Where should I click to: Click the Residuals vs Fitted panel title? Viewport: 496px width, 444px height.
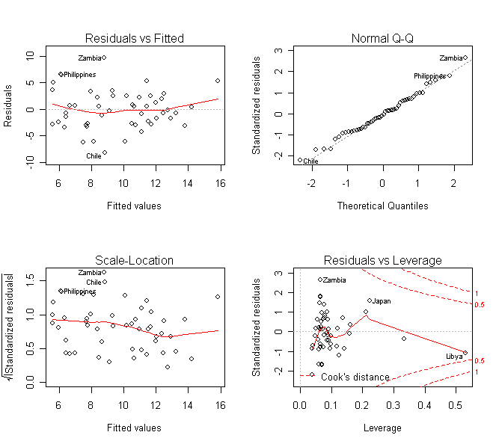coord(135,38)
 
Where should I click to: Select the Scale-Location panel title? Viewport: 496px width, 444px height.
coord(135,260)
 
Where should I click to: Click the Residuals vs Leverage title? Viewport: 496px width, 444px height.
coord(382,260)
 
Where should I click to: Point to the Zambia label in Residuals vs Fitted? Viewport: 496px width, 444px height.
coord(89,58)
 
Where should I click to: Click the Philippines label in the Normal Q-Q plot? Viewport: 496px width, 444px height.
coord(429,75)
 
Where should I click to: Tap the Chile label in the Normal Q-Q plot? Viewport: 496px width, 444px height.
coord(311,161)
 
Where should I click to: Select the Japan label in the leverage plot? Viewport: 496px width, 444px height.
coord(382,301)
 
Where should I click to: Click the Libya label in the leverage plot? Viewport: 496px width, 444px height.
coord(454,357)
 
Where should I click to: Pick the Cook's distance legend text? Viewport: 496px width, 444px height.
coord(355,377)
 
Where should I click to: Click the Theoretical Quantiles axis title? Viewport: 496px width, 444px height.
coord(382,206)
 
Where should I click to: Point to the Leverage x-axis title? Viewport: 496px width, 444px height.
coord(382,428)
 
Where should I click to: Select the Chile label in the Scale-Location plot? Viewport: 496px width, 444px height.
coord(94,283)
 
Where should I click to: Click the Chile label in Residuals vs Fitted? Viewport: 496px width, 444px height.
coord(94,156)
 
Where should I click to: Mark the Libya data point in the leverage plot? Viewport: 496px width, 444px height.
coord(465,352)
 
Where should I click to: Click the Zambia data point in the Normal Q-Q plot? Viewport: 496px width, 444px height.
coord(465,58)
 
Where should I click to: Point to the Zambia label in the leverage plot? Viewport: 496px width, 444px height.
coord(334,280)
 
